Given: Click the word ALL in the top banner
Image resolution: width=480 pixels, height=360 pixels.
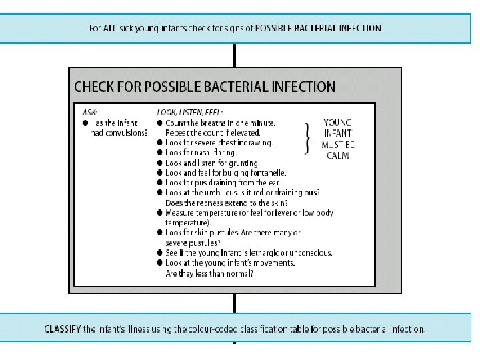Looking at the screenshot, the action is [110, 28].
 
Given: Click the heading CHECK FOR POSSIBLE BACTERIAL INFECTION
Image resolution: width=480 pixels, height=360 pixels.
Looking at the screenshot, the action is [205, 87].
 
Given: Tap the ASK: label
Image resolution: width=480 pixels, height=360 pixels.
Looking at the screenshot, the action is [89, 112].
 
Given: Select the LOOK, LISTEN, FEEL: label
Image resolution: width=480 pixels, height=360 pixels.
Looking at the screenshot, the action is [190, 112].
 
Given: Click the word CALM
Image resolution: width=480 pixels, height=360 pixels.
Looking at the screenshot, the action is [337, 155].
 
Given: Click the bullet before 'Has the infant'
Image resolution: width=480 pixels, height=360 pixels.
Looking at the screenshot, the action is [85, 123].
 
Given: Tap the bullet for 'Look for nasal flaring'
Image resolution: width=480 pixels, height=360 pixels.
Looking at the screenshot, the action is [160, 153].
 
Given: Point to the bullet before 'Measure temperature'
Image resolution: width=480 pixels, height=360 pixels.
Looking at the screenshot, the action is [160, 213].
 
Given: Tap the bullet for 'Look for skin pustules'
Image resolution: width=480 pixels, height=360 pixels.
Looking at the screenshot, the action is [160, 233].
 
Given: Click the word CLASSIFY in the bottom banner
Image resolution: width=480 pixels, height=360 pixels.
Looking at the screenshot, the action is [63, 329].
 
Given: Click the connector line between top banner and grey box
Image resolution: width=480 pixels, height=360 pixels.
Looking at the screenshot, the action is [235, 55].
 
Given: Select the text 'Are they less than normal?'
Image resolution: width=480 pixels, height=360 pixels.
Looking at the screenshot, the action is [209, 273].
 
